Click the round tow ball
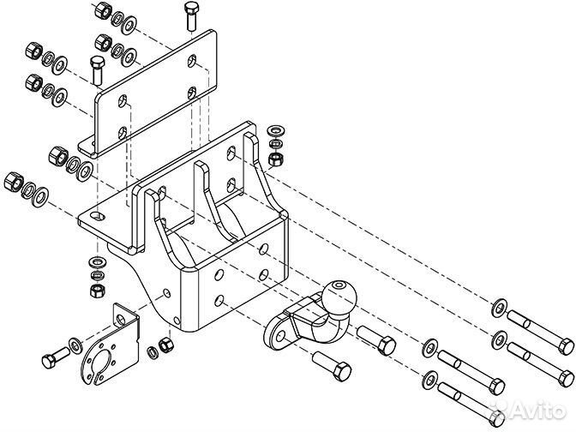coord(339,297)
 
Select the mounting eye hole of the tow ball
coord(280,335)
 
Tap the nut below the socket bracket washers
coord(165,345)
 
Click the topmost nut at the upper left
coord(103,9)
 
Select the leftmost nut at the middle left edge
coord(14,181)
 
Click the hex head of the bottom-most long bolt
coord(495,418)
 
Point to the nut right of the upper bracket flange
coord(275,159)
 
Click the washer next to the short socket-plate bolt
coord(76,345)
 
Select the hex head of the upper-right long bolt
coord(566,346)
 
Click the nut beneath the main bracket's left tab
coord(98,291)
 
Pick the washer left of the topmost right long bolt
coord(500,308)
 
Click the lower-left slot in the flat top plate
coord(123,133)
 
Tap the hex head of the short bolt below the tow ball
coord(342,371)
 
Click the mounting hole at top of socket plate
coord(120,319)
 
